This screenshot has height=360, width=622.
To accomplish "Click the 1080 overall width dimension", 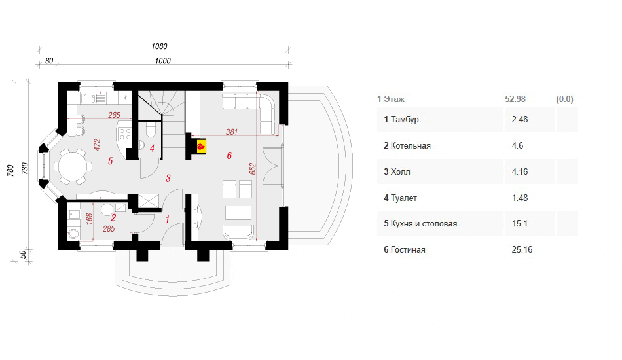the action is pyautogui.click(x=159, y=46).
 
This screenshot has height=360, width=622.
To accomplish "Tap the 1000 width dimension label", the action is pyautogui.click(x=162, y=61).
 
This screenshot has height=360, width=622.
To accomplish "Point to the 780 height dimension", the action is pyautogui.click(x=10, y=171).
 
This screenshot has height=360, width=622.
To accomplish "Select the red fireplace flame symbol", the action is pyautogui.click(x=201, y=147).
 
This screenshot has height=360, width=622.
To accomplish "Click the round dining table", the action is pyautogui.click(x=73, y=166).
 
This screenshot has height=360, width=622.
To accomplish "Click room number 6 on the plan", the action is pyautogui.click(x=229, y=156).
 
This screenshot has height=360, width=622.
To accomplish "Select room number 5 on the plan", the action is pyautogui.click(x=110, y=161).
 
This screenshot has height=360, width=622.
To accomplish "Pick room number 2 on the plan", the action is pyautogui.click(x=114, y=218).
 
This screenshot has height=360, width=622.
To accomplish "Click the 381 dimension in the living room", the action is pyautogui.click(x=232, y=132).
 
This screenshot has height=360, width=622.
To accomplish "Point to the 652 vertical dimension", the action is pyautogui.click(x=253, y=169).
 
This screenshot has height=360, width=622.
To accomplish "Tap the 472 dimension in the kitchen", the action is pyautogui.click(x=97, y=145).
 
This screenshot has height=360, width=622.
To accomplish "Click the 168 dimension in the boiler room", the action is pyautogui.click(x=89, y=219).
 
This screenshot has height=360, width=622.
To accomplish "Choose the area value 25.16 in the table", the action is pyautogui.click(x=522, y=250).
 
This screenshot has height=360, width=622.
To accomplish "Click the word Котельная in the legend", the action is pyautogui.click(x=411, y=146).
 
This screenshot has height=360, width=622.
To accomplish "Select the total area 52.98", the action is pyautogui.click(x=515, y=99).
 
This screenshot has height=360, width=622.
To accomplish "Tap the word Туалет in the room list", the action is pyautogui.click(x=404, y=198).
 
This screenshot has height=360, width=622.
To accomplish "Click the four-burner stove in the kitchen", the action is pyautogui.click(x=124, y=134).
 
